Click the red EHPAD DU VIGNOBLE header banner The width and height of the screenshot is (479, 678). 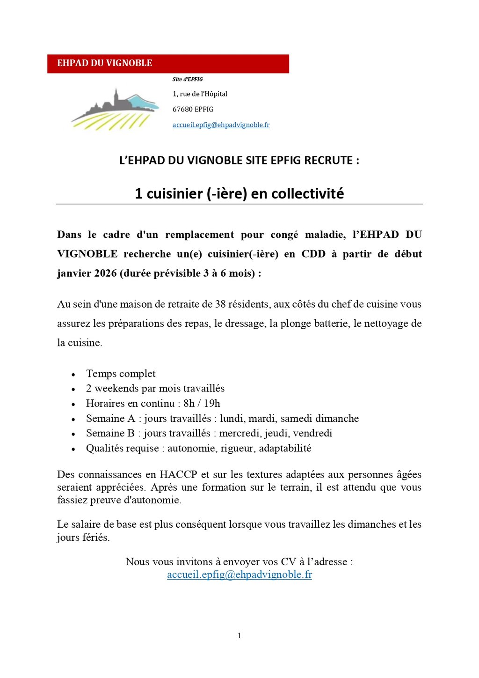168,64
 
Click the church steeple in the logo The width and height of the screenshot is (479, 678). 116,96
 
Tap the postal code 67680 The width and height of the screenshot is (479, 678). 182,110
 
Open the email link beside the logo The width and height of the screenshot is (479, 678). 221,125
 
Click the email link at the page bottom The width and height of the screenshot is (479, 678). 239,575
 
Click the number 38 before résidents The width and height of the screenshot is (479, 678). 220,304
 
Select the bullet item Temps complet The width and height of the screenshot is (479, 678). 121,374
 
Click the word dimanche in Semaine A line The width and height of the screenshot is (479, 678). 337,419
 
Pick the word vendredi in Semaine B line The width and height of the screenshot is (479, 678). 312,434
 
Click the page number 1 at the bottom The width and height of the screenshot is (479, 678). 239,636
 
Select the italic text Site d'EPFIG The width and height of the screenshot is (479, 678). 188,80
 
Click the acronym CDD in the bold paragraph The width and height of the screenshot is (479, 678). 313,254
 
